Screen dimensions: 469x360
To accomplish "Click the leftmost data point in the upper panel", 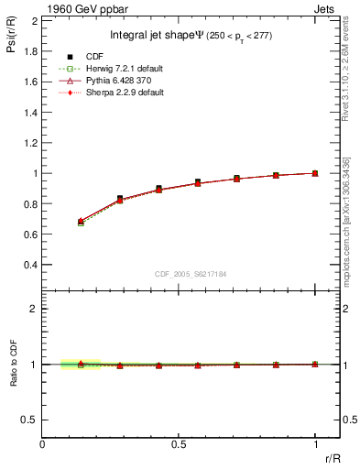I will coord(81,221).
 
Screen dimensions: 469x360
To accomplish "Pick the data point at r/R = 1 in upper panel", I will coord(315,172).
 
